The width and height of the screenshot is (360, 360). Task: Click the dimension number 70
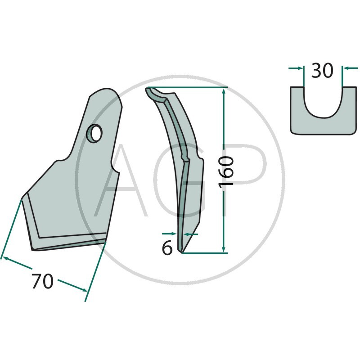click(x=43, y=281)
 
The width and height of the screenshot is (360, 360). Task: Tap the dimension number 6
click(x=167, y=248)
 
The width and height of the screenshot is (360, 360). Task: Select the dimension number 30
click(x=322, y=70)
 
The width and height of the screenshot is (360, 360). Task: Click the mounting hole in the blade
click(x=94, y=133)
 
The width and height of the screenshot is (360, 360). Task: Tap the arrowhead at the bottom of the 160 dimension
click(x=224, y=250)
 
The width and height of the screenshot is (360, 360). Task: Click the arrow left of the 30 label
click(x=296, y=68)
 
